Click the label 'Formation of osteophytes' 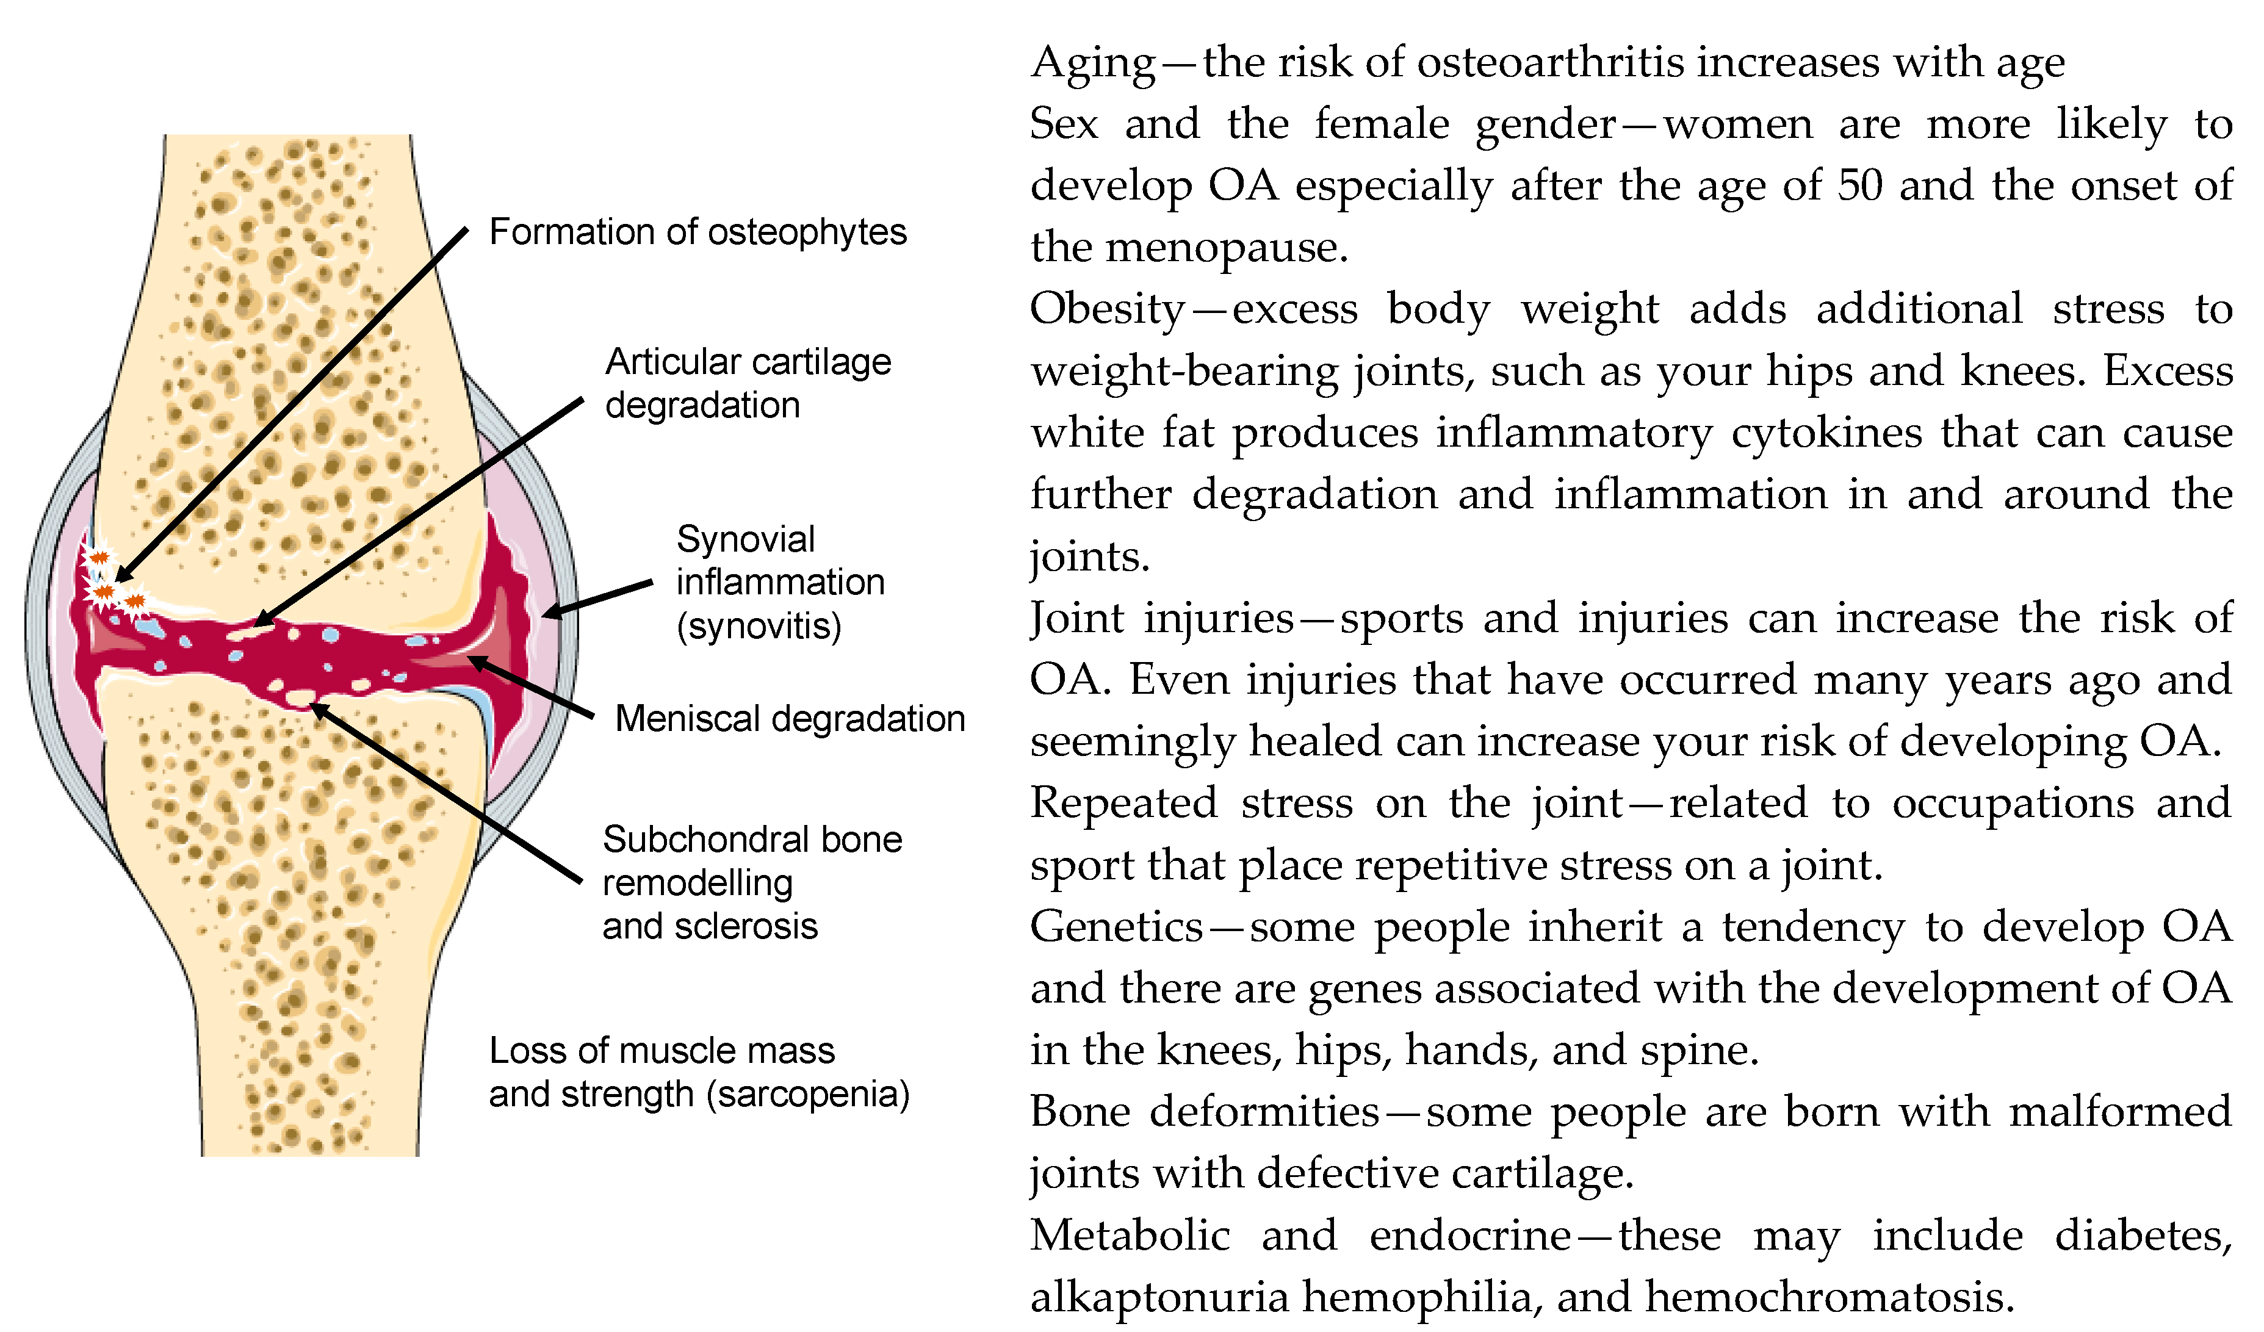click(697, 232)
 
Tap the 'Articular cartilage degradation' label click(748, 384)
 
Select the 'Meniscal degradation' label click(790, 719)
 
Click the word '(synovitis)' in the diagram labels click(759, 626)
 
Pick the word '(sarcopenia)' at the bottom click(809, 1094)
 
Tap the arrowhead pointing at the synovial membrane click(549, 613)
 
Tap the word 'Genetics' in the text click(1116, 927)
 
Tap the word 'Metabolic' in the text click(1130, 1236)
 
